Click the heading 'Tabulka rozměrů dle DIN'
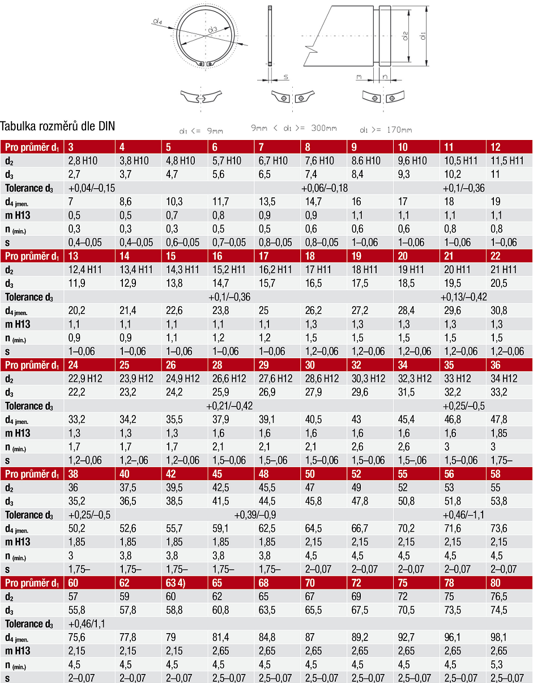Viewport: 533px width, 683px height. [x=58, y=126]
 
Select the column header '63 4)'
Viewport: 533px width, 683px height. [x=178, y=582]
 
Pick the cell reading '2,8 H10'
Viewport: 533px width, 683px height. [x=84, y=161]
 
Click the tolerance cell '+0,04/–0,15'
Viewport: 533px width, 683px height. [x=92, y=188]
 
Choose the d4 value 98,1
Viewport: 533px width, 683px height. [x=498, y=638]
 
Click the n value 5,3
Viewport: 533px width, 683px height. [x=496, y=665]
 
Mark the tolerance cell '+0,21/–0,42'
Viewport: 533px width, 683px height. [x=229, y=406]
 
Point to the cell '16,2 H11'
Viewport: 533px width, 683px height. [x=276, y=270]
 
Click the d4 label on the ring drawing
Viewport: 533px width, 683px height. [x=157, y=22]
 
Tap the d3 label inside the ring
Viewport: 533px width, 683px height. [x=212, y=29]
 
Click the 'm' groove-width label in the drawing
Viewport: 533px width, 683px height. [x=359, y=75]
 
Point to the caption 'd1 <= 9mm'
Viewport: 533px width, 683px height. [x=201, y=131]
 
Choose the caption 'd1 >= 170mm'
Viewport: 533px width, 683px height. [x=386, y=130]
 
